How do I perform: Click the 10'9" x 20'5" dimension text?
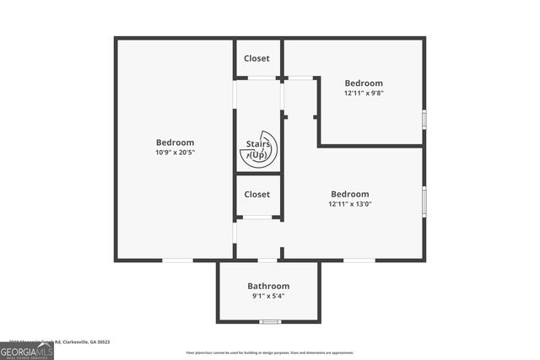(x=175, y=153)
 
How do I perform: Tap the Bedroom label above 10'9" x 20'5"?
(x=175, y=142)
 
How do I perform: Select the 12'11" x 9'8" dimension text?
(x=364, y=93)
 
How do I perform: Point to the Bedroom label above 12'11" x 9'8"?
(x=364, y=83)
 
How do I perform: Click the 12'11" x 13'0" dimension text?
(x=349, y=204)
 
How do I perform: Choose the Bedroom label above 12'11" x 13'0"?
(x=349, y=194)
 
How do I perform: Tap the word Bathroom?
(x=268, y=286)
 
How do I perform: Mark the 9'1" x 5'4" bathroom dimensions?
(x=268, y=296)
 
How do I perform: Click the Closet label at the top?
(x=256, y=58)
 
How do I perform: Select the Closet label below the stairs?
(x=256, y=194)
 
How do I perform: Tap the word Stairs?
(x=257, y=144)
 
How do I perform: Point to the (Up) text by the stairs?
(x=257, y=155)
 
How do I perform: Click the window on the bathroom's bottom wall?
(x=269, y=321)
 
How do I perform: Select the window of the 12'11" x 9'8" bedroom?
(x=424, y=118)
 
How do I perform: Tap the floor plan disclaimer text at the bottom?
(x=270, y=352)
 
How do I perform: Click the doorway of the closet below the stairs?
(x=257, y=218)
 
